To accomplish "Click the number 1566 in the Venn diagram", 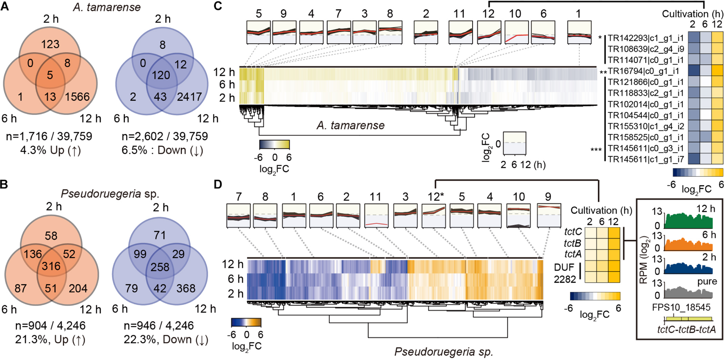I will tap(77, 97).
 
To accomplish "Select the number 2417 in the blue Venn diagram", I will tap(189, 97).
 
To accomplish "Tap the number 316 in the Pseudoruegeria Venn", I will tap(51, 267).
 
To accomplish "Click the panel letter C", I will tap(218, 6).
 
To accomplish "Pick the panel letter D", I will tap(218, 184).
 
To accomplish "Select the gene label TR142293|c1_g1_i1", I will tap(645, 38).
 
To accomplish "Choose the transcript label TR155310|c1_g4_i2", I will tap(645, 126).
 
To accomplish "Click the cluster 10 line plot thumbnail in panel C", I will tap(516, 32).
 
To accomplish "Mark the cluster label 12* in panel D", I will tap(436, 197).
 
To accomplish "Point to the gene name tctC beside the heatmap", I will tap(573, 232).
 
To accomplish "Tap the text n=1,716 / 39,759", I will tap(49, 136).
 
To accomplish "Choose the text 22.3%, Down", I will tap(166, 340).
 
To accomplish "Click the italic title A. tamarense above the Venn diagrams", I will tap(107, 7).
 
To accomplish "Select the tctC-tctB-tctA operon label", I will tap(687, 330).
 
